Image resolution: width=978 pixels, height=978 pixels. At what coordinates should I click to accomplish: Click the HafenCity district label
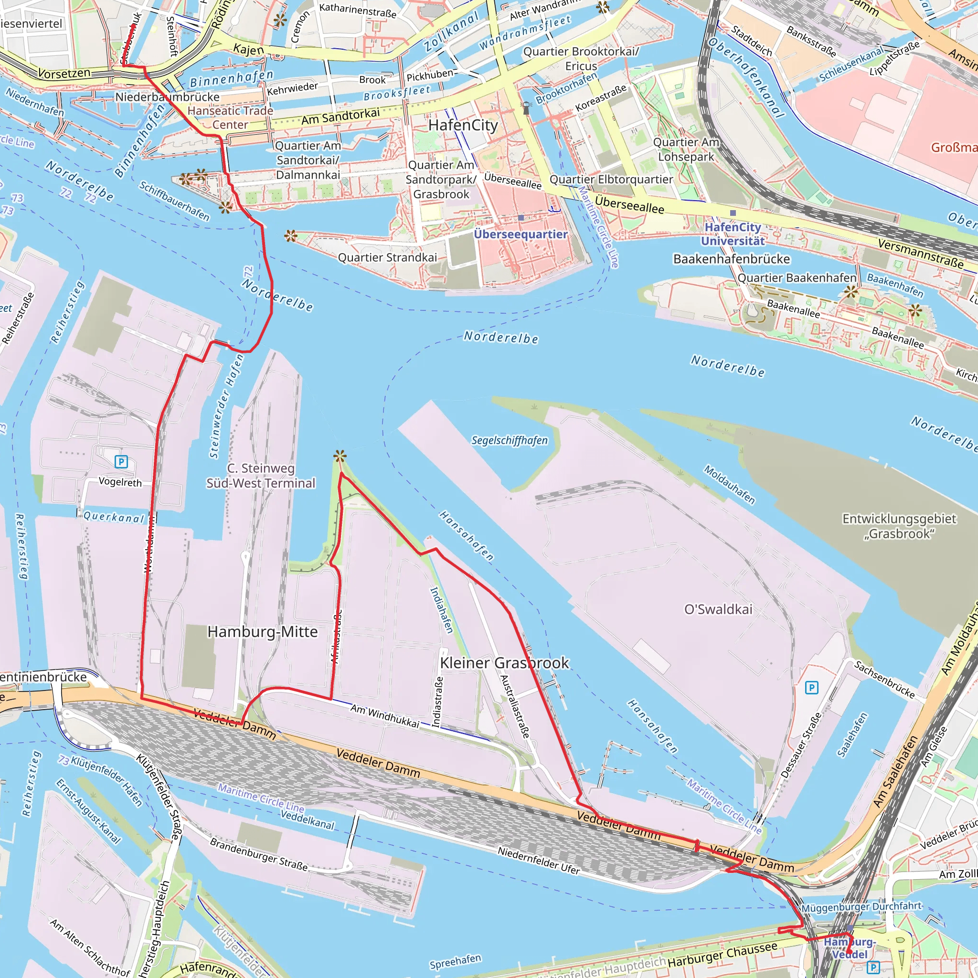tap(463, 125)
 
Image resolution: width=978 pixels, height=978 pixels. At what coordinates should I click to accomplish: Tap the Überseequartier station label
tap(520, 234)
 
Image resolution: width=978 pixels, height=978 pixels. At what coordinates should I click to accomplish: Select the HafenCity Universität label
tap(733, 234)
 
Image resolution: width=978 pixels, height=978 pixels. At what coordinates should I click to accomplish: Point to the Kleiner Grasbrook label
tap(504, 663)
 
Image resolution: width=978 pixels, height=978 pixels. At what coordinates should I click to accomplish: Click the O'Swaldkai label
tap(718, 609)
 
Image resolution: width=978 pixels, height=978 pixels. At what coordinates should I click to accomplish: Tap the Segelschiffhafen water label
tap(509, 440)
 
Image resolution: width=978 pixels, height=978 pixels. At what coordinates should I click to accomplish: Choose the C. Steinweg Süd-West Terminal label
tap(261, 475)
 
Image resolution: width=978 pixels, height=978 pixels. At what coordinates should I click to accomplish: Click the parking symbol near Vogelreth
tap(121, 461)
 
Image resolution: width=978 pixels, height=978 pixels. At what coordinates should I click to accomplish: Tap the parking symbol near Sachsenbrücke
tap(811, 688)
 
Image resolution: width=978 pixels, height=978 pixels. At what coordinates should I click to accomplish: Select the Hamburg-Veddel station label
tap(850, 947)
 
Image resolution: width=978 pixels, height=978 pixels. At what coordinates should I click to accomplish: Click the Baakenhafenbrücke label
tap(731, 259)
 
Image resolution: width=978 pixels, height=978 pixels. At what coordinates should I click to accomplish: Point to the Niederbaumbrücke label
tap(167, 96)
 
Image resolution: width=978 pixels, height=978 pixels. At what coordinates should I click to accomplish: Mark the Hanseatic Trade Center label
tap(230, 117)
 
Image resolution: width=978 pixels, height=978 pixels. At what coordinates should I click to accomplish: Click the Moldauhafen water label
tap(730, 484)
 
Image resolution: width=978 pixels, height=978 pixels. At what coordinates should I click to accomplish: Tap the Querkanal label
tap(115, 517)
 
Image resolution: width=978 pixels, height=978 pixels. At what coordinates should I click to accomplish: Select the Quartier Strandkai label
tap(387, 258)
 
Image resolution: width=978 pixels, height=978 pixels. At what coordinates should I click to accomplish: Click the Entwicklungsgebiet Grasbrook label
tap(899, 526)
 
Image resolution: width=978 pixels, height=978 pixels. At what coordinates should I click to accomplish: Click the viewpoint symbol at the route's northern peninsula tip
tap(340, 457)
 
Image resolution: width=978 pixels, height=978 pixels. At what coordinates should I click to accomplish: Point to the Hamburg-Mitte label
tap(262, 631)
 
